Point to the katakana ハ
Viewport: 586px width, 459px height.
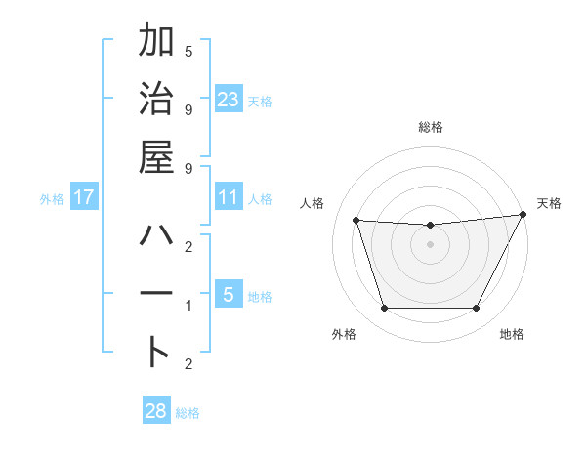156,237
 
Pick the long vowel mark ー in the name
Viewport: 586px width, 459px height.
156,295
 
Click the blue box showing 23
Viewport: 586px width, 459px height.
228,99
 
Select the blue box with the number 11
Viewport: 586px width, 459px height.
228,197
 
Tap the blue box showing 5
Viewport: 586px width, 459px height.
228,295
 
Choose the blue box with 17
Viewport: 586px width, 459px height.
84,197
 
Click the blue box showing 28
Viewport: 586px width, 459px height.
155,411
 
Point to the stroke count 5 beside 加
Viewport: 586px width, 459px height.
188,52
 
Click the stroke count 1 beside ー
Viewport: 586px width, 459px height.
188,306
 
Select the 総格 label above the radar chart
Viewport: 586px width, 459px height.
430,128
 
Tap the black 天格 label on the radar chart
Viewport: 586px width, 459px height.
549,203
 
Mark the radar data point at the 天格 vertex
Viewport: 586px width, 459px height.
523,214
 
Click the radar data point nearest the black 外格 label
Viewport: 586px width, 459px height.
384,309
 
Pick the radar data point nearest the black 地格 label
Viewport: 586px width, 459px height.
476,309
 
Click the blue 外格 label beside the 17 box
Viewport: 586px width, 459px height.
52,198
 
